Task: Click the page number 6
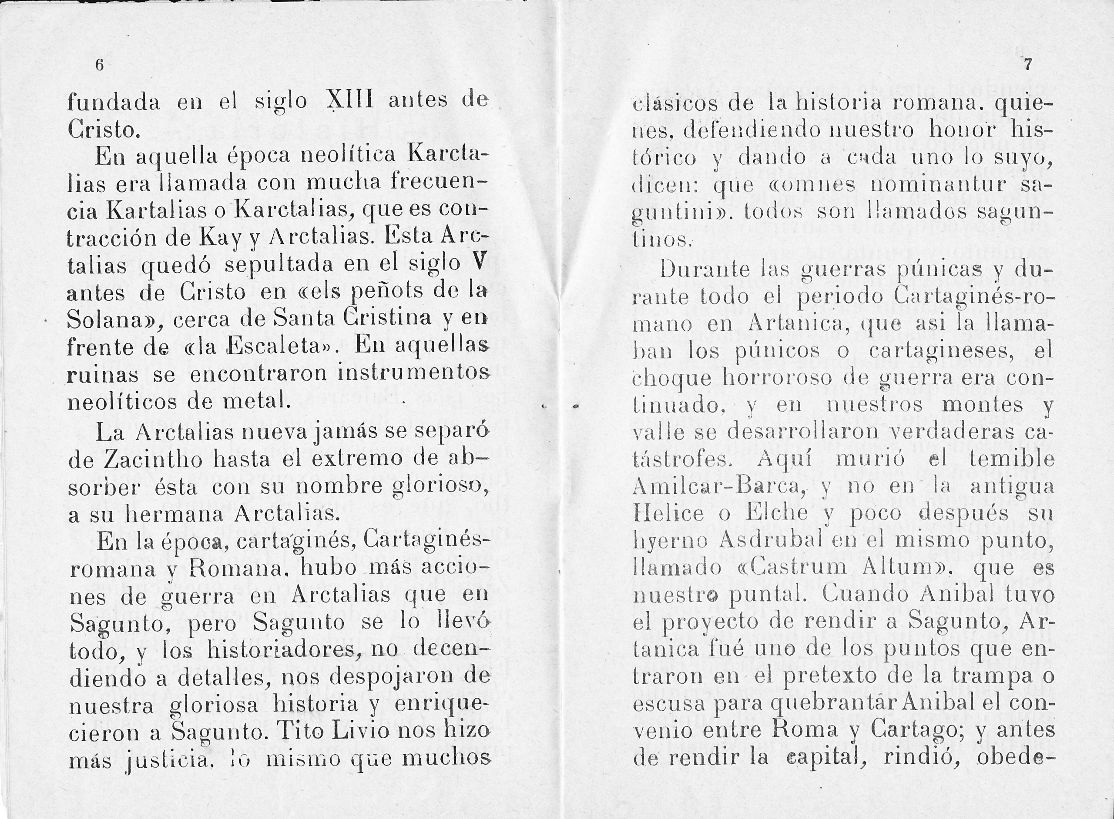pyautogui.click(x=99, y=65)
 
